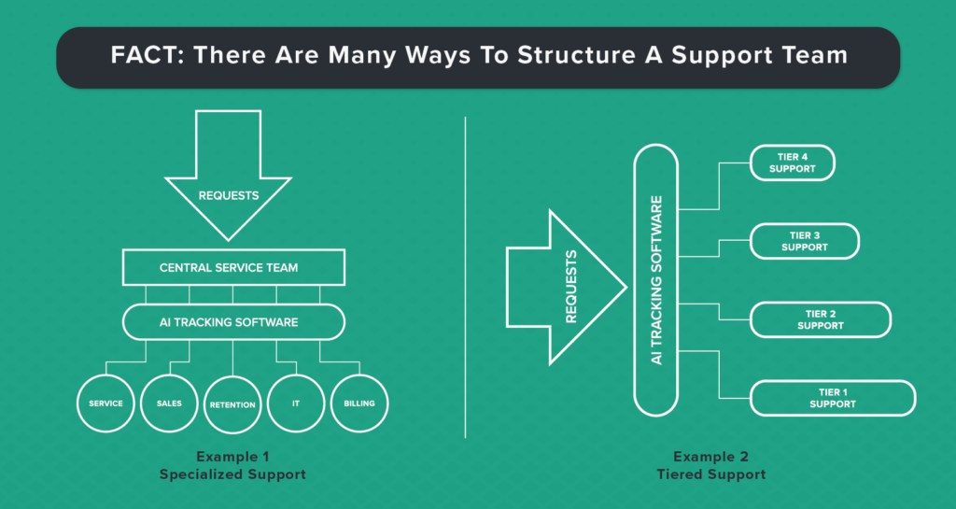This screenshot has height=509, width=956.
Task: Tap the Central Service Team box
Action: tap(233, 267)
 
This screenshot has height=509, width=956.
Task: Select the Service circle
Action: tap(105, 403)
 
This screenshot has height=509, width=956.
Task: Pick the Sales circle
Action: tap(169, 403)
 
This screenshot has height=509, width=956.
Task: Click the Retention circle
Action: tap(232, 404)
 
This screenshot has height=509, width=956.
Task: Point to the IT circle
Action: tap(296, 403)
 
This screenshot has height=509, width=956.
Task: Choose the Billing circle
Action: tap(359, 403)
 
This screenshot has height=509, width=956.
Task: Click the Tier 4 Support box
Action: tap(792, 163)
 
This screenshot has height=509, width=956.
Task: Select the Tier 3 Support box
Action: tap(804, 241)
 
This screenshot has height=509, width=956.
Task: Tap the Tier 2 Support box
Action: tap(820, 320)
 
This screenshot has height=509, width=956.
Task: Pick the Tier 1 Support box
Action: tap(832, 398)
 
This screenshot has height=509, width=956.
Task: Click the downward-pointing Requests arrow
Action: tap(229, 176)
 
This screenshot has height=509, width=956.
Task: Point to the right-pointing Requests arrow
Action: tap(567, 287)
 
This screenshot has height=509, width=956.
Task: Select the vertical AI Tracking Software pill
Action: tap(656, 280)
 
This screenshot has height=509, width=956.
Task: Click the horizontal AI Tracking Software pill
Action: tap(233, 322)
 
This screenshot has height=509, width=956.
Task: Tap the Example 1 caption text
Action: tap(232, 457)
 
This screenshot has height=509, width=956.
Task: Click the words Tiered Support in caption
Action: tap(710, 474)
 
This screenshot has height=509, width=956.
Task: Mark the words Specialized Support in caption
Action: tap(232, 474)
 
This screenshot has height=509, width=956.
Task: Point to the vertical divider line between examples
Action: tap(465, 277)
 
